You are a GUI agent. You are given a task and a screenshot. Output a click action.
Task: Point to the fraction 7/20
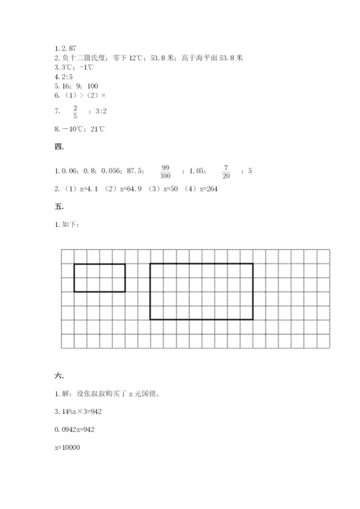(x=226, y=171)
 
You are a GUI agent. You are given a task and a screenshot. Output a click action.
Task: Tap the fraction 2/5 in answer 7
(x=74, y=111)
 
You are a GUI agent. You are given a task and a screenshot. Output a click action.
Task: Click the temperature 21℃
(x=96, y=130)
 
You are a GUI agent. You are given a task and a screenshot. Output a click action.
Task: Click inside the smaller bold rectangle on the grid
(x=99, y=278)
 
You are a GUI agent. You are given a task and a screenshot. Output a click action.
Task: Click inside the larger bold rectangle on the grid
(x=201, y=291)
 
